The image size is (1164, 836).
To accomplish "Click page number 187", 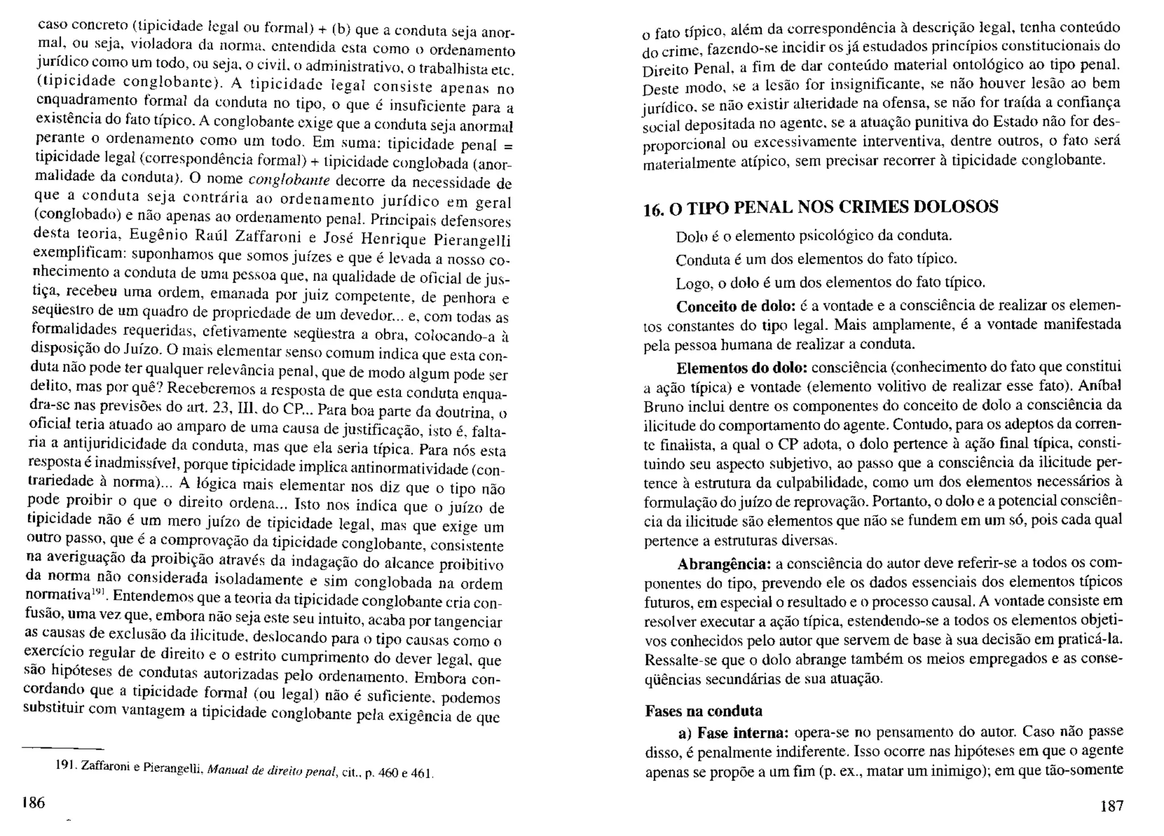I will coord(1111,805).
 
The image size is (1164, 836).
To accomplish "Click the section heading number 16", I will coord(654,210).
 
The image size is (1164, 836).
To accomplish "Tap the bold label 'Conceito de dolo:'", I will coord(735,306).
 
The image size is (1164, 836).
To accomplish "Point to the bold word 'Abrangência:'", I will coord(724,565).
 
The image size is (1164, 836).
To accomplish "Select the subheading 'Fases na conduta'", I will coord(704,710).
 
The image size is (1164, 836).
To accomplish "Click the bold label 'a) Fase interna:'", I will coord(733,732).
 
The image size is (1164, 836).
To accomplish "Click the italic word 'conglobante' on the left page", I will coord(290,181).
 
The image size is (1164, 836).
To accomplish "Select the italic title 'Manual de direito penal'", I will coord(273,771).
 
